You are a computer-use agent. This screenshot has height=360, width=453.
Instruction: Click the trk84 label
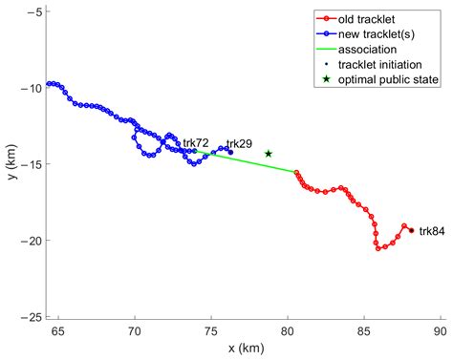coord(432,231)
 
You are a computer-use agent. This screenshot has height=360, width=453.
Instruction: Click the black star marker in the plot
coord(269,154)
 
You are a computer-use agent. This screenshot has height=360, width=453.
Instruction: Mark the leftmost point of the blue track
coord(48,84)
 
